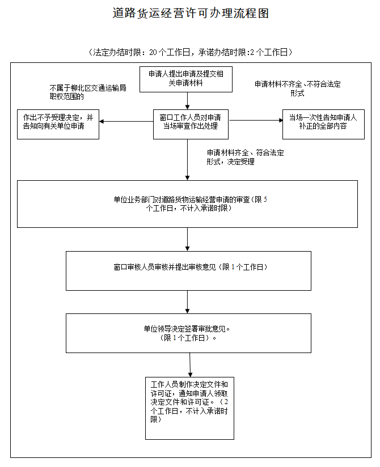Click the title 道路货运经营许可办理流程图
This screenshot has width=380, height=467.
click(191, 13)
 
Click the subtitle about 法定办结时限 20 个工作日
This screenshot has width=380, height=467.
click(191, 52)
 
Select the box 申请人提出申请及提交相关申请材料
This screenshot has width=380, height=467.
click(186, 79)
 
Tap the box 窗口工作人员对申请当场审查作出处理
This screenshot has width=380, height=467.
click(191, 124)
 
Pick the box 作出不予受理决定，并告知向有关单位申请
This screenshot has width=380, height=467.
click(58, 124)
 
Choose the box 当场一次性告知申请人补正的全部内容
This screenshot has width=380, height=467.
click(323, 124)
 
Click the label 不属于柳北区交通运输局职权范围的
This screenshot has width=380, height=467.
click(88, 92)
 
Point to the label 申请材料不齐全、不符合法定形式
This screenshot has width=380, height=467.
click(297, 88)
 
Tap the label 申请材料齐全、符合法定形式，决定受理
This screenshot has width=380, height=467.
click(245, 157)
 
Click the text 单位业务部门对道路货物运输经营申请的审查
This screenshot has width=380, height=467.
click(182, 199)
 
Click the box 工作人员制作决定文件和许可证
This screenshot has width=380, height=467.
click(189, 408)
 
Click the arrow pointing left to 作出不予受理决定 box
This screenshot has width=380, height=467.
click(126, 121)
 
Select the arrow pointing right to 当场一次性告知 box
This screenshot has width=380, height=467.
click(256, 120)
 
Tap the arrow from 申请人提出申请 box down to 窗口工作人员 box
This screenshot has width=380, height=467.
click(188, 101)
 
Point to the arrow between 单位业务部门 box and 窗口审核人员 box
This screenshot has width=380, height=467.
click(188, 240)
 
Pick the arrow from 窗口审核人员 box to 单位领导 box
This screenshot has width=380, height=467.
click(188, 302)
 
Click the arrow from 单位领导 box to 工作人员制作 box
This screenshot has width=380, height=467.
click(190, 365)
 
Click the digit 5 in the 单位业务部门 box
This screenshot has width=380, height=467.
click(265, 199)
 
